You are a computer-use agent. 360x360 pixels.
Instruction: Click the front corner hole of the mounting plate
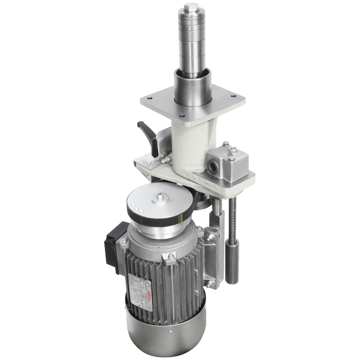(181, 116)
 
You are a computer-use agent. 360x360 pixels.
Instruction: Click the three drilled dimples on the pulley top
(136, 208)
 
